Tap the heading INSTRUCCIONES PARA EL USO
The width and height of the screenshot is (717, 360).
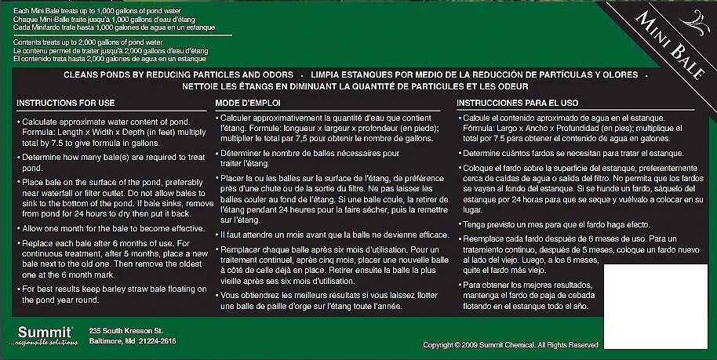coord(518,103)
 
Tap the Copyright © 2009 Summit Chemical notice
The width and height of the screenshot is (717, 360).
coord(511,344)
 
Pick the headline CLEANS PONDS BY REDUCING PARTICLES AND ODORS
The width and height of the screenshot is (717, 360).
coord(179,75)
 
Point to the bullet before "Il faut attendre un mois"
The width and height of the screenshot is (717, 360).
coord(217,234)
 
